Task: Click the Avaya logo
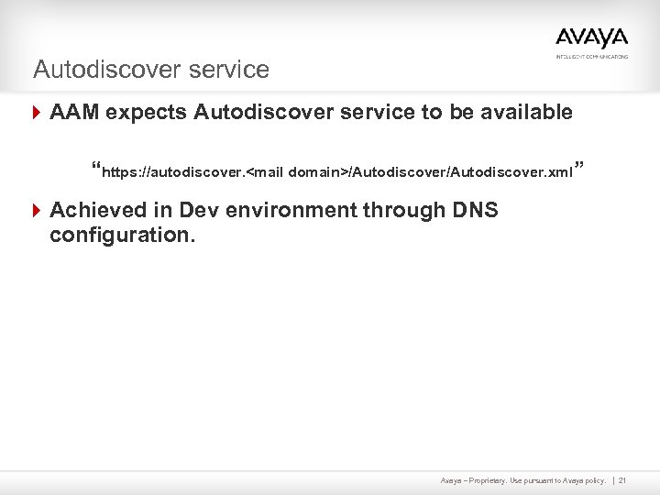point(591,38)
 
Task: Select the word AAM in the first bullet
point(74,113)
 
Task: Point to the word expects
point(146,113)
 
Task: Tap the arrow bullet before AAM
point(37,113)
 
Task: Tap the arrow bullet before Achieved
point(37,210)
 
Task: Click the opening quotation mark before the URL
point(96,168)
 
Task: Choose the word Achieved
point(97,210)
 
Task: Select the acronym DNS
point(477,210)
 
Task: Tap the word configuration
point(120,235)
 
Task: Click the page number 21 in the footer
point(622,480)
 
